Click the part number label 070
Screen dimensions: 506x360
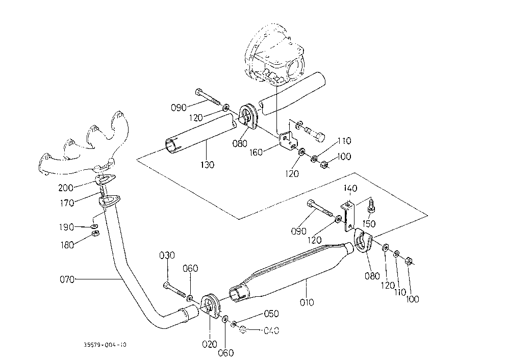[67, 279]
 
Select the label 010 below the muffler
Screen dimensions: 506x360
[307, 302]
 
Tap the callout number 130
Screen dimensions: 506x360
[207, 165]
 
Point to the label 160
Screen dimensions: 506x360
[256, 152]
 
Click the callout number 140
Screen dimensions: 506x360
[350, 188]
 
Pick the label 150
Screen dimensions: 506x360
[368, 223]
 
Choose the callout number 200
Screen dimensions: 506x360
[66, 188]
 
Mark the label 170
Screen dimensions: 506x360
[67, 203]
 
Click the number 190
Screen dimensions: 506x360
[66, 227]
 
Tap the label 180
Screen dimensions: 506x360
[67, 245]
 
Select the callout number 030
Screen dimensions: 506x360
[167, 255]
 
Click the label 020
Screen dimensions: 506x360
[210, 345]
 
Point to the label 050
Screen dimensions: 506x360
[271, 314]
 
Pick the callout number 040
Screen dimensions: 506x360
[271, 330]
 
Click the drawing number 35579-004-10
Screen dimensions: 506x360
[105, 345]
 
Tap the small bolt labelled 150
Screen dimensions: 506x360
[371, 205]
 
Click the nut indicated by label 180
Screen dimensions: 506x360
[95, 233]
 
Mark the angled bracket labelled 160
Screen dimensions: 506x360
[289, 141]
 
